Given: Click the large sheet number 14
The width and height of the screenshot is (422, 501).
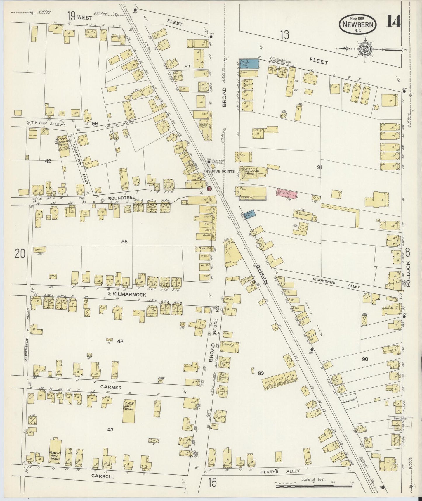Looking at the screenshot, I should pyautogui.click(x=393, y=21).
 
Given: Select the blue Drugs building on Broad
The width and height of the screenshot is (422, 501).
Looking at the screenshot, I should pyautogui.click(x=249, y=63).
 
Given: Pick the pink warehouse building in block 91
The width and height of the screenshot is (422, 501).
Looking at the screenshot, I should pyautogui.click(x=286, y=193).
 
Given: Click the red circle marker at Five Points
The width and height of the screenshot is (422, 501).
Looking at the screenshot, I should pyautogui.click(x=209, y=189).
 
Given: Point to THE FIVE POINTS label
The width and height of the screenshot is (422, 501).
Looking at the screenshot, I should pyautogui.click(x=219, y=172).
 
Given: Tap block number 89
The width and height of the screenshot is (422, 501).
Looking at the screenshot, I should pyautogui.click(x=261, y=373).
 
